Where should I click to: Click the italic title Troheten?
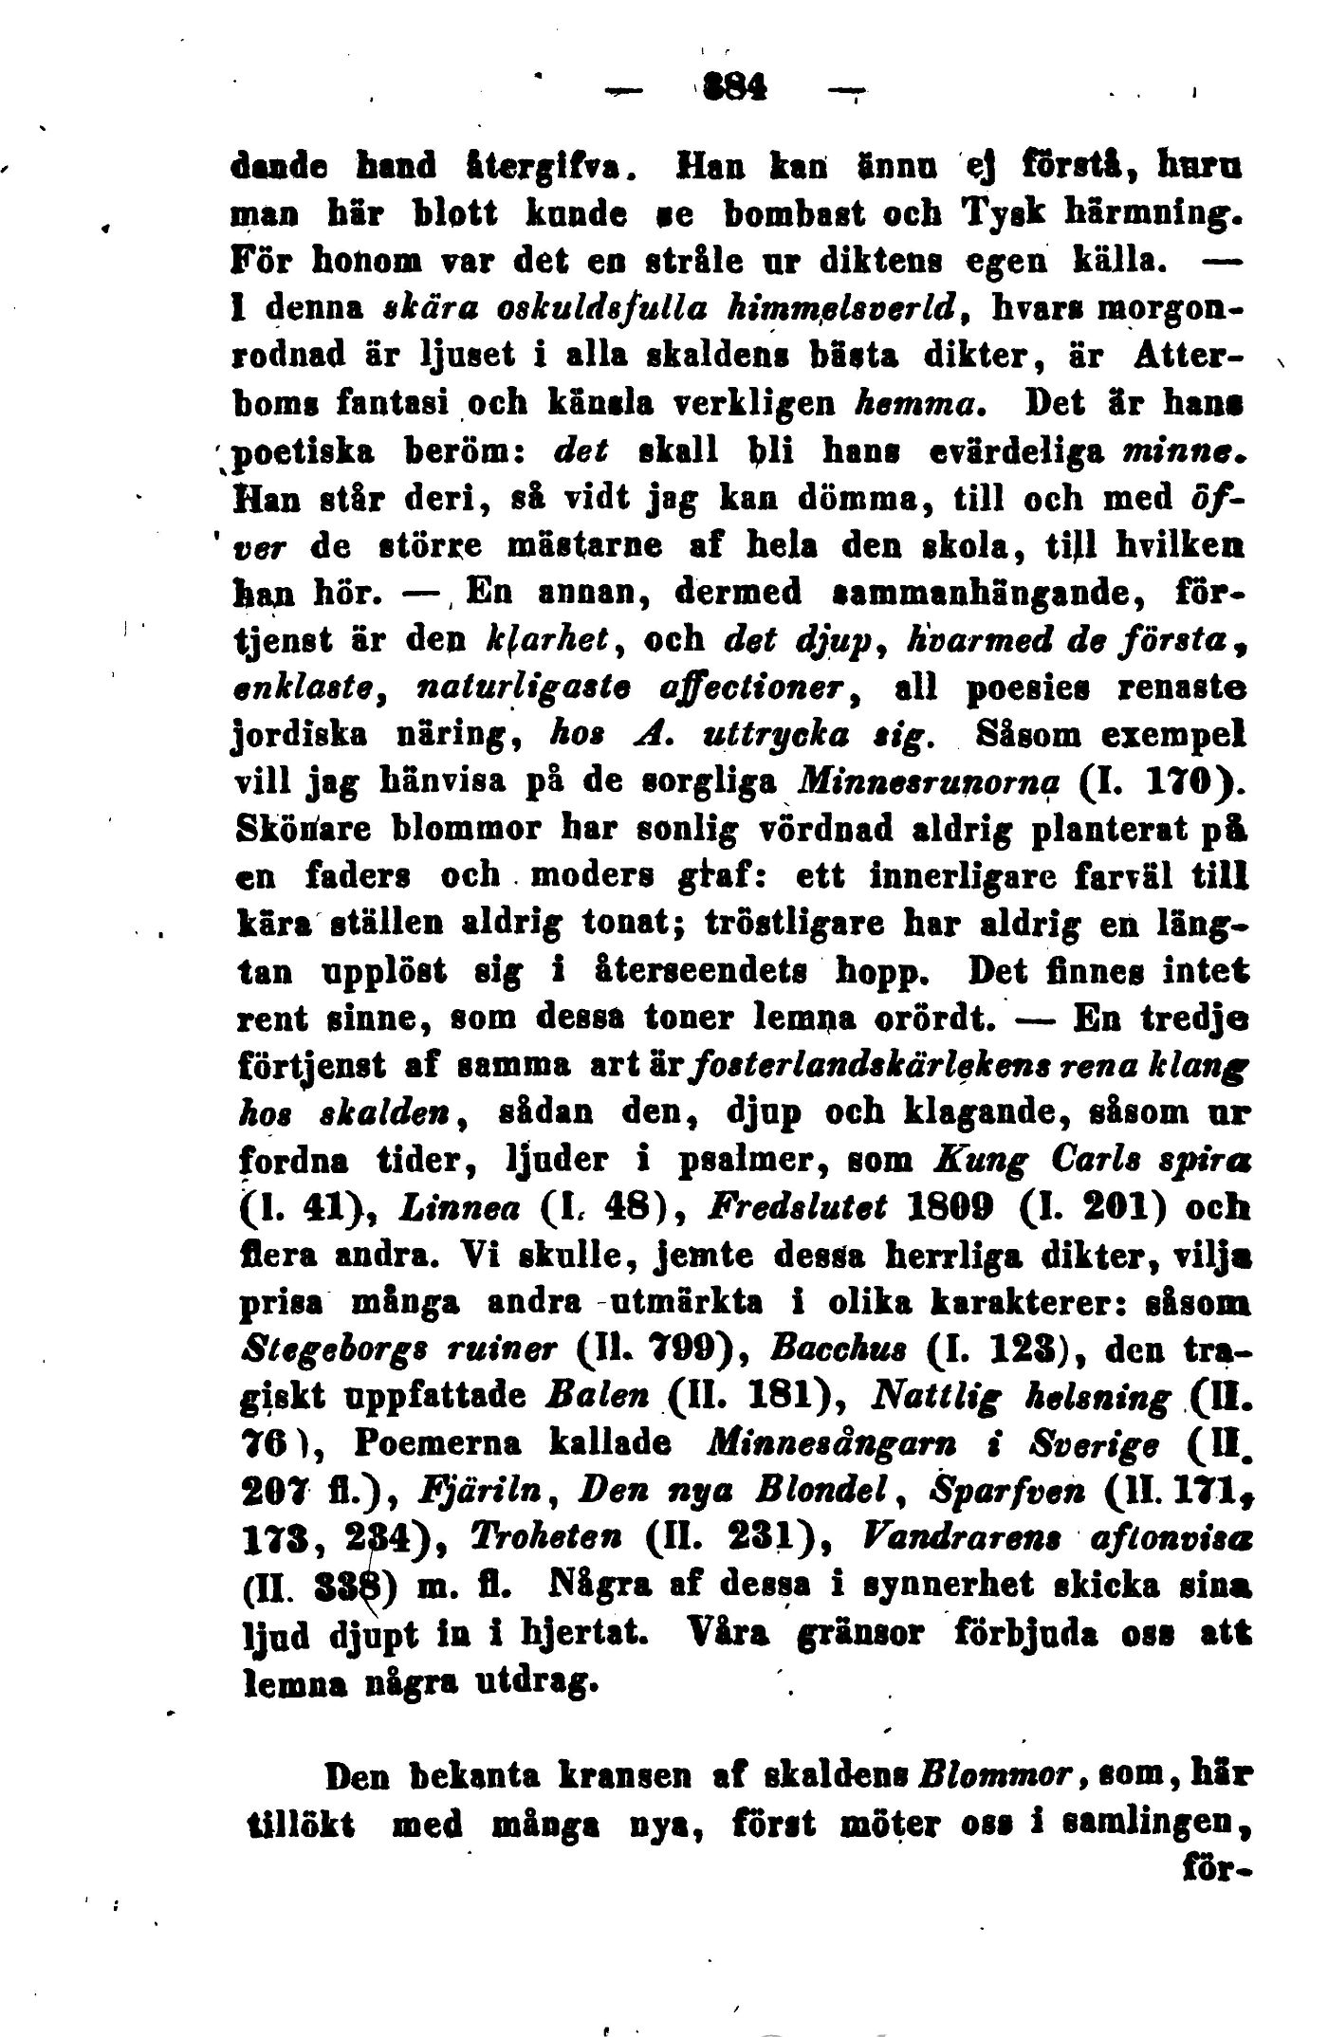(536, 1540)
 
